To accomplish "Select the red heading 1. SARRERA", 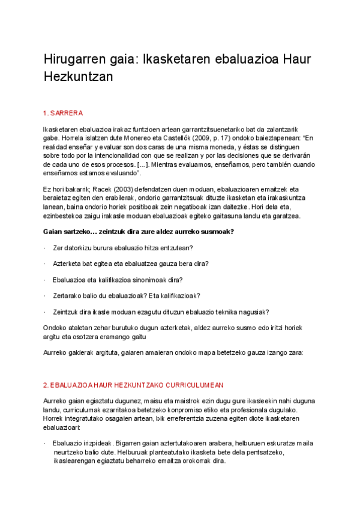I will pyautogui.click(x=63, y=113).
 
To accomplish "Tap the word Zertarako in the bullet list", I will pyautogui.click(x=68, y=296).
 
